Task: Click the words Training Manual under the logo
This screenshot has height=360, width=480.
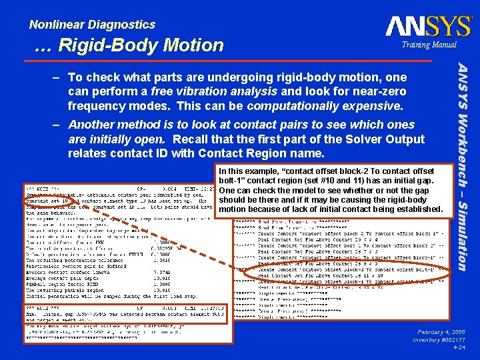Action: tap(429, 45)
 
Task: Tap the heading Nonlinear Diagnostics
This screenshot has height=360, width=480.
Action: tap(92, 25)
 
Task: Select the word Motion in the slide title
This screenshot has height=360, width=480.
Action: tap(194, 45)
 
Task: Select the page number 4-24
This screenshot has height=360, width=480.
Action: tap(459, 347)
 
